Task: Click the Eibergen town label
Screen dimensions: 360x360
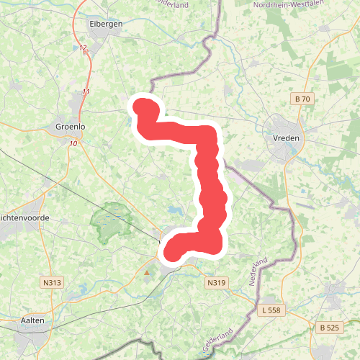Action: click(104, 24)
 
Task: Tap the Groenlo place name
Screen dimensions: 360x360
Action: click(70, 127)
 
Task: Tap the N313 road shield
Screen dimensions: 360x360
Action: click(51, 283)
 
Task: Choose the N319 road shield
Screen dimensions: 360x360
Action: click(217, 283)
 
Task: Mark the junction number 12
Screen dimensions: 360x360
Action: click(84, 48)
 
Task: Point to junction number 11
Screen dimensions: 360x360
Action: click(86, 92)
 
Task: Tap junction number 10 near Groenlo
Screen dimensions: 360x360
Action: click(73, 144)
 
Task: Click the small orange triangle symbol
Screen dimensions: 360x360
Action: click(148, 273)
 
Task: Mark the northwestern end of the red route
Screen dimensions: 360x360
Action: click(143, 108)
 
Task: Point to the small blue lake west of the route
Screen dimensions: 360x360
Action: click(175, 211)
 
